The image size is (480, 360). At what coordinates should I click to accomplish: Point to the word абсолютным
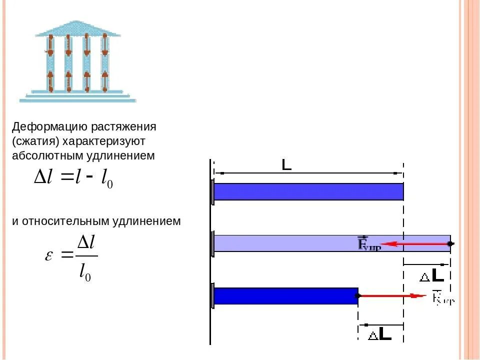(x=48, y=155)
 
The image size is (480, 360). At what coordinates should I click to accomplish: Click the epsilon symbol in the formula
(x=49, y=255)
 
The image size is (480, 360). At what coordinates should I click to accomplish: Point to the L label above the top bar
(x=286, y=164)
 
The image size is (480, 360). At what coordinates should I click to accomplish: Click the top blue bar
(x=308, y=191)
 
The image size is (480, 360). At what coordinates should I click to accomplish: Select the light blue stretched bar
(x=300, y=243)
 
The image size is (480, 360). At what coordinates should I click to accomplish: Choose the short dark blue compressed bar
(x=285, y=295)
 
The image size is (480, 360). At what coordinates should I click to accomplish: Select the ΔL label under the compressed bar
(x=379, y=334)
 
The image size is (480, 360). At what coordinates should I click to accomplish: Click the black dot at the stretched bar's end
(x=450, y=243)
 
